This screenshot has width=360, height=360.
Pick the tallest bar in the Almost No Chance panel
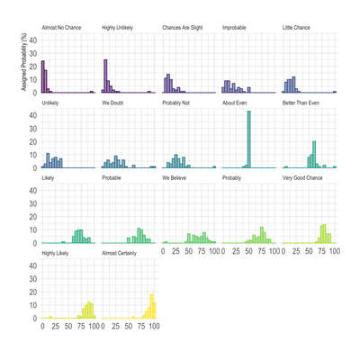[43, 77]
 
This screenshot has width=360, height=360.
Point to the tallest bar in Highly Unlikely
[105, 76]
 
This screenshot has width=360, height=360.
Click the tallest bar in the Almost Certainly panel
[152, 307]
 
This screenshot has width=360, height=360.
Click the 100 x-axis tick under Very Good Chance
[334, 252]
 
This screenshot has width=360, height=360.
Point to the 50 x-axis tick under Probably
[248, 252]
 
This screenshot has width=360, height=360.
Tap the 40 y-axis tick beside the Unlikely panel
[32, 115]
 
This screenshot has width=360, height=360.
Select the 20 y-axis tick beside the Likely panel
[32, 217]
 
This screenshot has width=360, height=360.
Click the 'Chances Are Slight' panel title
[183, 28]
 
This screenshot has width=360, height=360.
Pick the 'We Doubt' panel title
[115, 103]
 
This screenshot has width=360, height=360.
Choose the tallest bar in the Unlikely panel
[48, 160]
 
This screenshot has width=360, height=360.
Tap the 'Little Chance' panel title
[296, 28]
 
